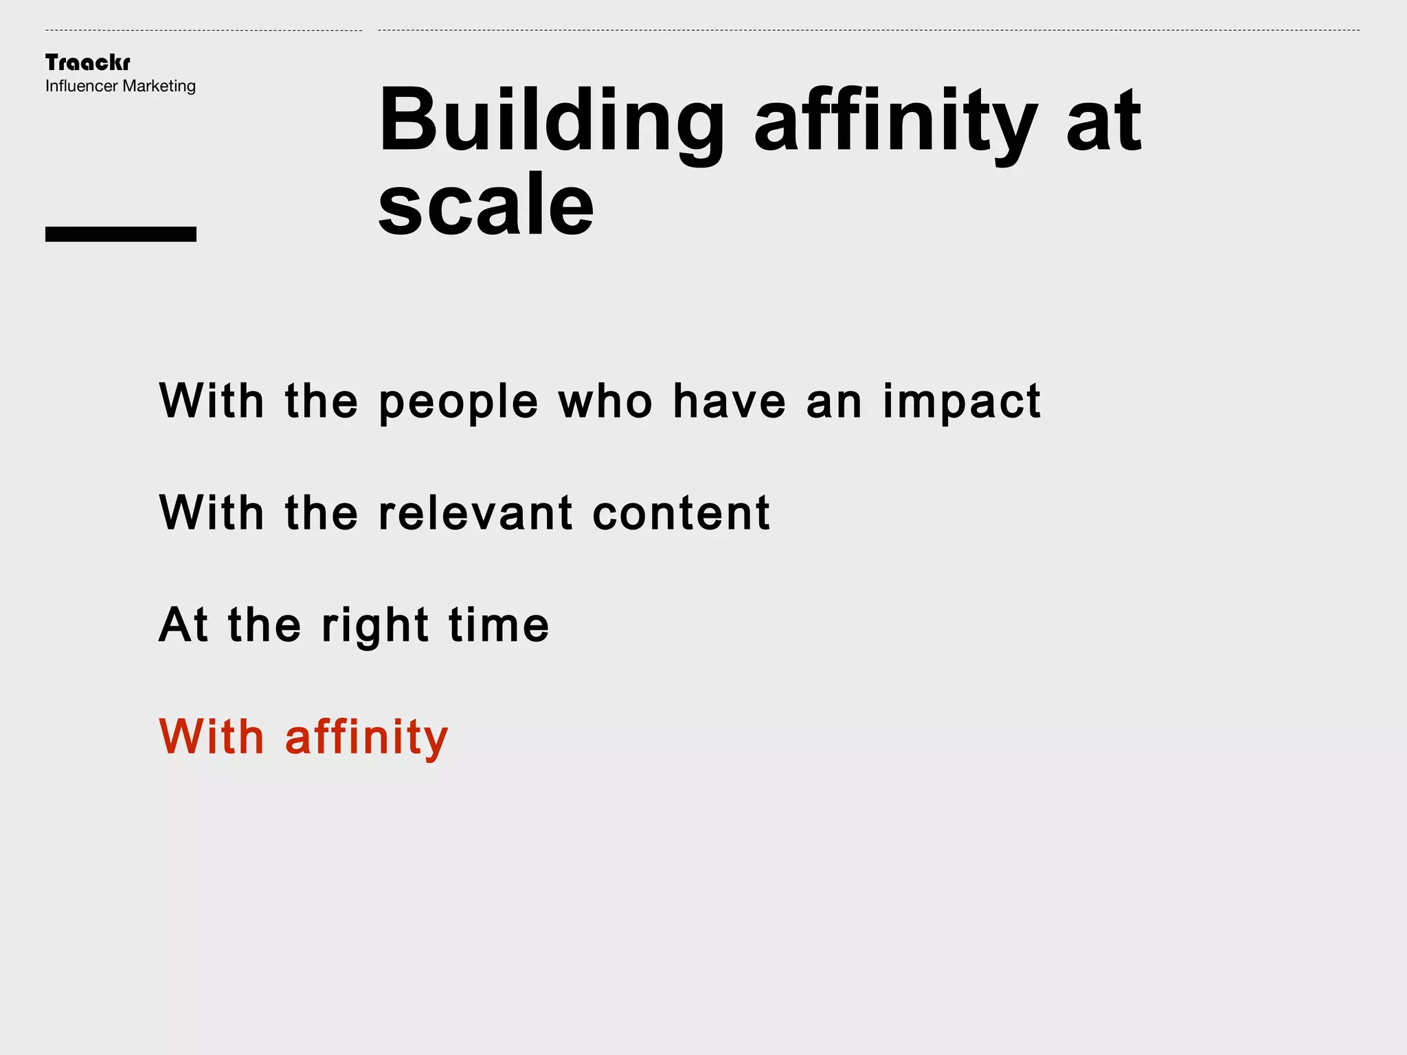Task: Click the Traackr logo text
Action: click(87, 63)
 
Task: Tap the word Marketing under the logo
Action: click(159, 87)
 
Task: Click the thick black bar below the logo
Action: click(121, 234)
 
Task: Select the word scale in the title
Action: click(486, 205)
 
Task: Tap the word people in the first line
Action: click(458, 402)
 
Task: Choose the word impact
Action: click(961, 402)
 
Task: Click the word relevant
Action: click(475, 513)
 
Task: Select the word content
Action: click(681, 513)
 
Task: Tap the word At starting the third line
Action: click(183, 624)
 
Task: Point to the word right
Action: click(375, 626)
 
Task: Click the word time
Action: click(499, 624)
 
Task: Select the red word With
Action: click(212, 736)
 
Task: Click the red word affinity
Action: click(366, 738)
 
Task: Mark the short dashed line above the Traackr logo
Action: click(203, 30)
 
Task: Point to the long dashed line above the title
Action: click(868, 30)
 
